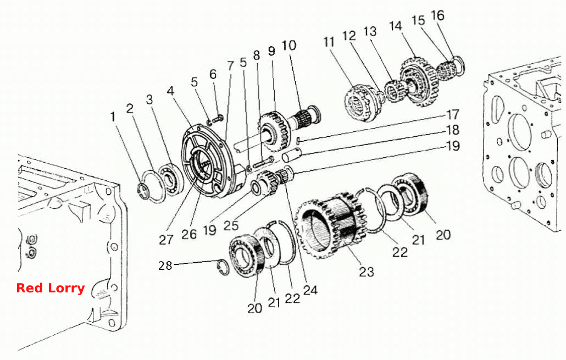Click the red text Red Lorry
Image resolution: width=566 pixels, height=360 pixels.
coord(51,288)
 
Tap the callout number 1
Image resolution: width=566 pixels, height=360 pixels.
coord(113,117)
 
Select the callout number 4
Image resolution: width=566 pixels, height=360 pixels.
coord(171,91)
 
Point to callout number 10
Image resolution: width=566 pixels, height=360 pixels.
coord(289,46)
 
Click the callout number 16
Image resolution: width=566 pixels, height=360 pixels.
coord(437,15)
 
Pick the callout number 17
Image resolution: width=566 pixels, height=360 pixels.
coord(453,115)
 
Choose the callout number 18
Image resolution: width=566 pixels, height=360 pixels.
coord(453,130)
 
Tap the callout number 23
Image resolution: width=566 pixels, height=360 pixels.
coord(367,272)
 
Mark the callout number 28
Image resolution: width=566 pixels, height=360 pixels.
coord(165,266)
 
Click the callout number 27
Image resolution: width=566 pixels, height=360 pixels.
coord(166,240)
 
